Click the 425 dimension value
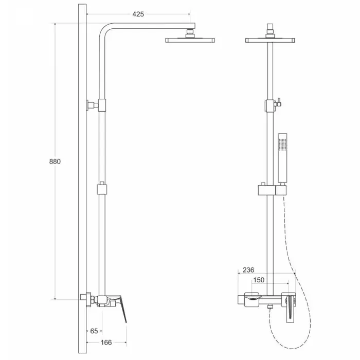pyautogui.click(x=138, y=14)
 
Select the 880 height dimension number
pyautogui.click(x=55, y=161)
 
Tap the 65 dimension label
pyautogui.click(x=94, y=331)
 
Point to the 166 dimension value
pyautogui.click(x=106, y=343)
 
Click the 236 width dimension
pyautogui.click(x=248, y=270)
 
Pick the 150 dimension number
pyautogui.click(x=259, y=280)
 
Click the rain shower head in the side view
pyautogui.click(x=190, y=41)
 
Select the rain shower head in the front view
pyautogui.click(x=270, y=41)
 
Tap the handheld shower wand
pyautogui.click(x=282, y=158)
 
